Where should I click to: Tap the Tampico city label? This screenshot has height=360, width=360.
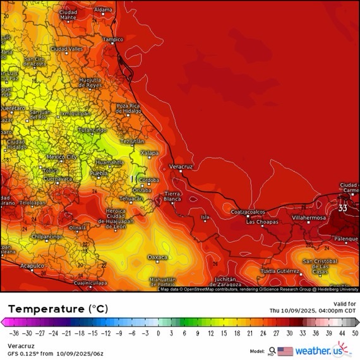click(113, 39)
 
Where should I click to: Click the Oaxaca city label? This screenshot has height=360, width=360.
click(157, 257)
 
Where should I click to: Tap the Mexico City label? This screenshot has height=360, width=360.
click(62, 157)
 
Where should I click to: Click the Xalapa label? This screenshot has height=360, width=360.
click(149, 153)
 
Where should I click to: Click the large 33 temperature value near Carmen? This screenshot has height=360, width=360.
click(343, 207)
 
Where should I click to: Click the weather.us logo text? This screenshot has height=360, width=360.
click(326, 351)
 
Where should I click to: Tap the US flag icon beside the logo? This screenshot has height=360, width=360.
click(285, 351)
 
